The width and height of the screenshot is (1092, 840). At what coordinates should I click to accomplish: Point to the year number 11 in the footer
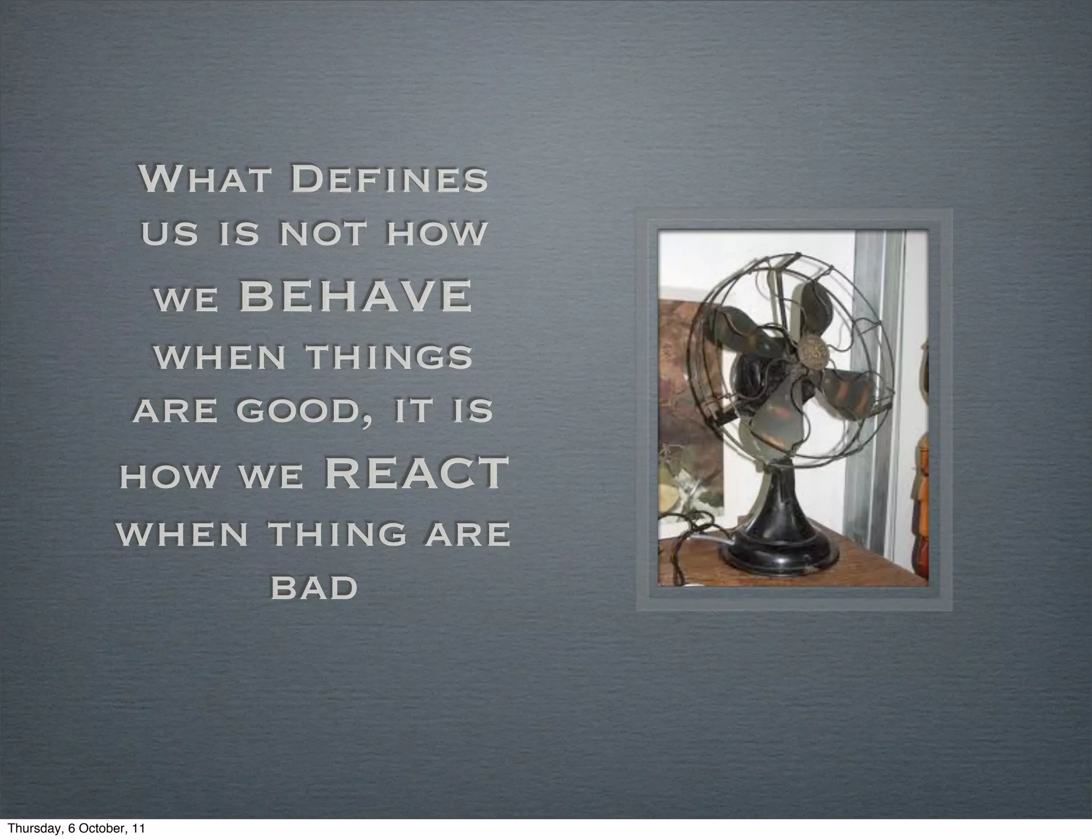coord(138,829)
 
